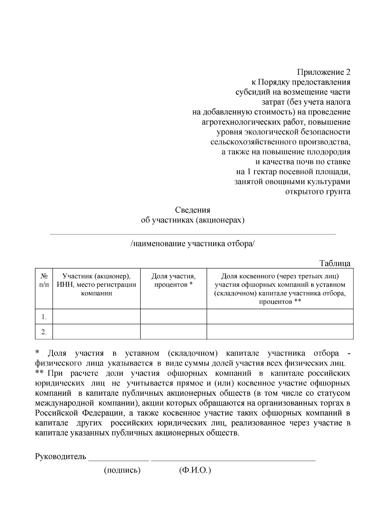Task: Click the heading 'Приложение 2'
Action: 324,72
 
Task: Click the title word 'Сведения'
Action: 193,210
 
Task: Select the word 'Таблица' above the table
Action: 335,263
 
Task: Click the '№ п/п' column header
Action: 44,280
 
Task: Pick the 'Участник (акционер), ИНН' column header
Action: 96,285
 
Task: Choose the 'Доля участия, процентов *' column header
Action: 173,280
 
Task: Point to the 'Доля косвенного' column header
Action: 280,289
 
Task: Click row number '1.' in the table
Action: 44,317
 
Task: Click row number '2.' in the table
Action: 44,332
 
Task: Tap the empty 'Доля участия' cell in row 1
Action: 173,317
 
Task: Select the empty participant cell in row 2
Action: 96,332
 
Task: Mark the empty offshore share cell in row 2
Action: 280,332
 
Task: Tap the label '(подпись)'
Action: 122,470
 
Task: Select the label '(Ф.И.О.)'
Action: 195,470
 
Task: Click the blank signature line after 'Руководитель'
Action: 118,459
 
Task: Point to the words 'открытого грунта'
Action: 318,192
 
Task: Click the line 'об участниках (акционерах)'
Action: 193,220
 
